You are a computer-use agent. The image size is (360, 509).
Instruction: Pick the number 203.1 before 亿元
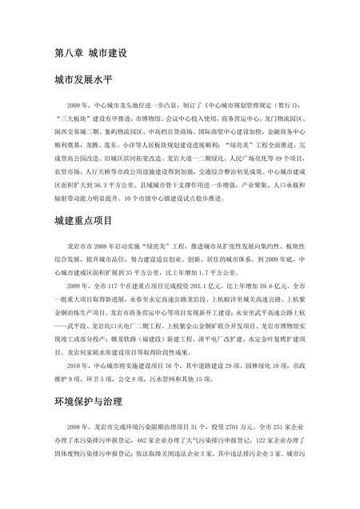[206, 285]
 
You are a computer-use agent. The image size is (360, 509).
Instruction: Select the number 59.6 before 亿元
[281, 285]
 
